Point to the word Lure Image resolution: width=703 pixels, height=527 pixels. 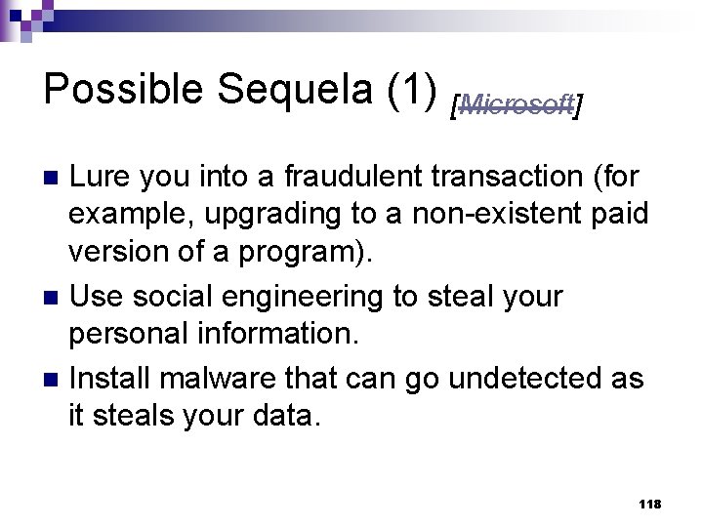coord(103,178)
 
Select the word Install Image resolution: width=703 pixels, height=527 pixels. coord(113,377)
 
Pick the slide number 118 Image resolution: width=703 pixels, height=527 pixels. coord(648,504)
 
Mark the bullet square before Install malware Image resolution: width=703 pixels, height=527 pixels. coord(54,378)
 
